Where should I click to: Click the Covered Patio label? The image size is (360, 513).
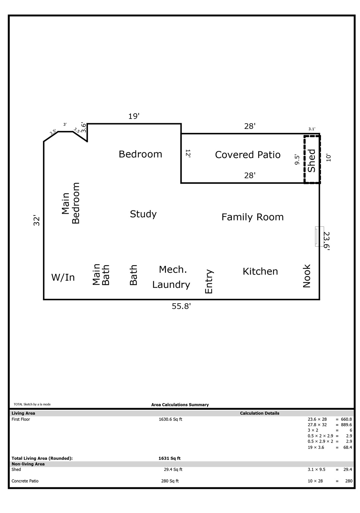[x=247, y=155]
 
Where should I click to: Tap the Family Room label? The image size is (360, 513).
[x=252, y=217]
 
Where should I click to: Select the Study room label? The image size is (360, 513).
[x=143, y=214]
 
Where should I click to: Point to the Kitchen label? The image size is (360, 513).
[x=260, y=271]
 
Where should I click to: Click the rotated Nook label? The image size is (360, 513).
[x=307, y=276]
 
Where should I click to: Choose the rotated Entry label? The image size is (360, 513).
[x=209, y=282]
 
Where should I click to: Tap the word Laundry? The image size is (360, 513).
[x=171, y=285]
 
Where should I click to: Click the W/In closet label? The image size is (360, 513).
[x=63, y=278]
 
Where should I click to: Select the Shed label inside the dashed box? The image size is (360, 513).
[x=312, y=161]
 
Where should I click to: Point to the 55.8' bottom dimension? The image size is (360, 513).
[x=181, y=306]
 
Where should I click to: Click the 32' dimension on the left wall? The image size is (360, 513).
[x=37, y=221]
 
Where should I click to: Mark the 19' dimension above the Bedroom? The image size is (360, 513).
[x=134, y=116]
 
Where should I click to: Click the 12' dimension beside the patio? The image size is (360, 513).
[x=188, y=153]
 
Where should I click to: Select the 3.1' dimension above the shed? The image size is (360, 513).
[x=312, y=129]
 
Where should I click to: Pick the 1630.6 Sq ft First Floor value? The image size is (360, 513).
[x=170, y=419]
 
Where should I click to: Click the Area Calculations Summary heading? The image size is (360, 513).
[x=180, y=405]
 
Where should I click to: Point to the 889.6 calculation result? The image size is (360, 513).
[x=346, y=425]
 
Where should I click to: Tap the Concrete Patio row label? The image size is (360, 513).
[x=25, y=481]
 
